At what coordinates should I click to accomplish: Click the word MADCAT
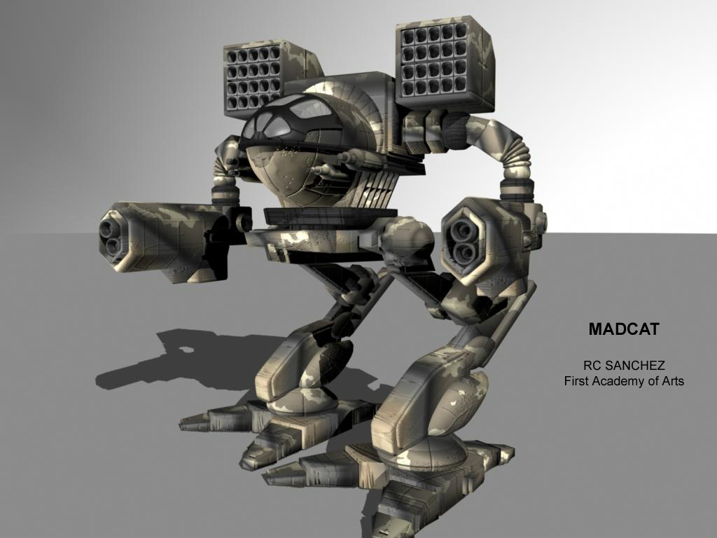624,329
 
